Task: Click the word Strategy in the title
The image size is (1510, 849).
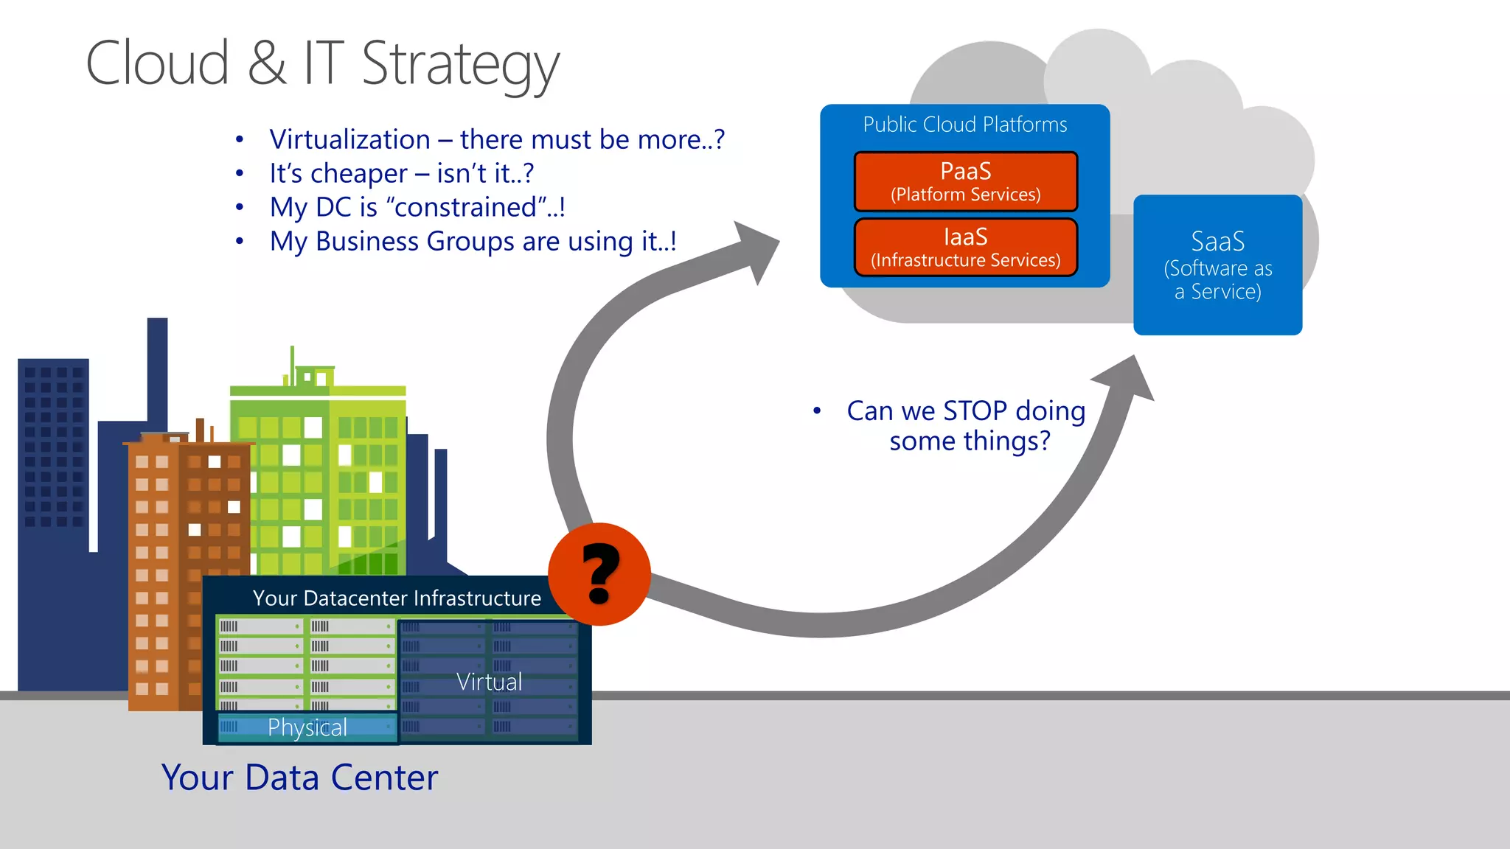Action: [460, 65]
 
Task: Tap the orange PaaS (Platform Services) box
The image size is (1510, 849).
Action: [965, 181]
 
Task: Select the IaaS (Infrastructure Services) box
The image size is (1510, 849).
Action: [965, 247]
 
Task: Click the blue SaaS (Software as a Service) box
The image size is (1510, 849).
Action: [1217, 265]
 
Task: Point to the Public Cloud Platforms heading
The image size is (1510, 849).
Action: [964, 125]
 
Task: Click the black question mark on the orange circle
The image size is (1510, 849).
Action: [600, 573]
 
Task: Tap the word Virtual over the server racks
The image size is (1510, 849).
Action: [489, 682]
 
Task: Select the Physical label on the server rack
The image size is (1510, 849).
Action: [307, 727]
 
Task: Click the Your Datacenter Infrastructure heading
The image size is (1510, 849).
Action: [397, 598]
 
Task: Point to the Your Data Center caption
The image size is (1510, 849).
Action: [299, 778]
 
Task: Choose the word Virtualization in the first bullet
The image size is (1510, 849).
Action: [349, 139]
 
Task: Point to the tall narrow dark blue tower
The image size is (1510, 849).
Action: [157, 368]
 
